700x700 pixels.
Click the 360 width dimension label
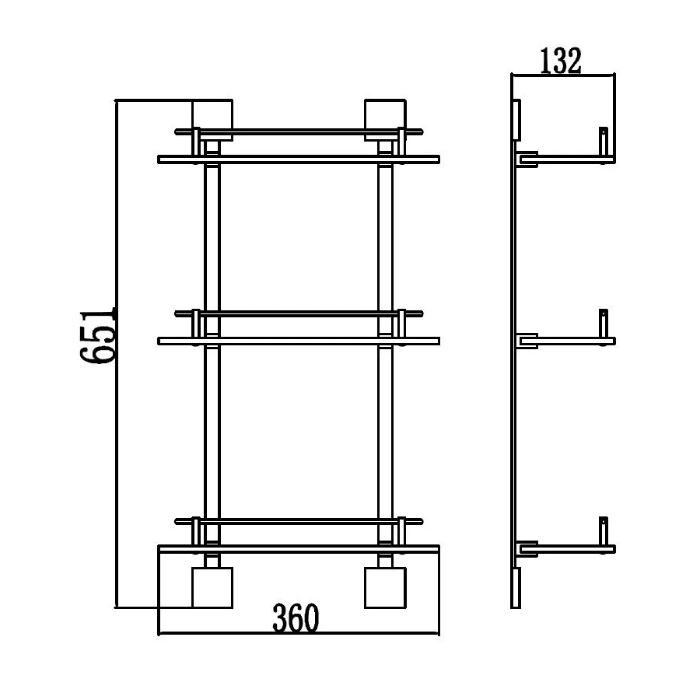point(296,618)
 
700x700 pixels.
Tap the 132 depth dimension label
point(561,61)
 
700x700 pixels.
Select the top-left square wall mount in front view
point(212,120)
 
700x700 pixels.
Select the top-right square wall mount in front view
point(385,120)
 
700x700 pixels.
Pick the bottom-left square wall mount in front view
point(212,587)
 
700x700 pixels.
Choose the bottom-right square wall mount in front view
point(385,587)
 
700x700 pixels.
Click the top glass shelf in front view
point(299,159)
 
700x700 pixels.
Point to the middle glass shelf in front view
point(299,341)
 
